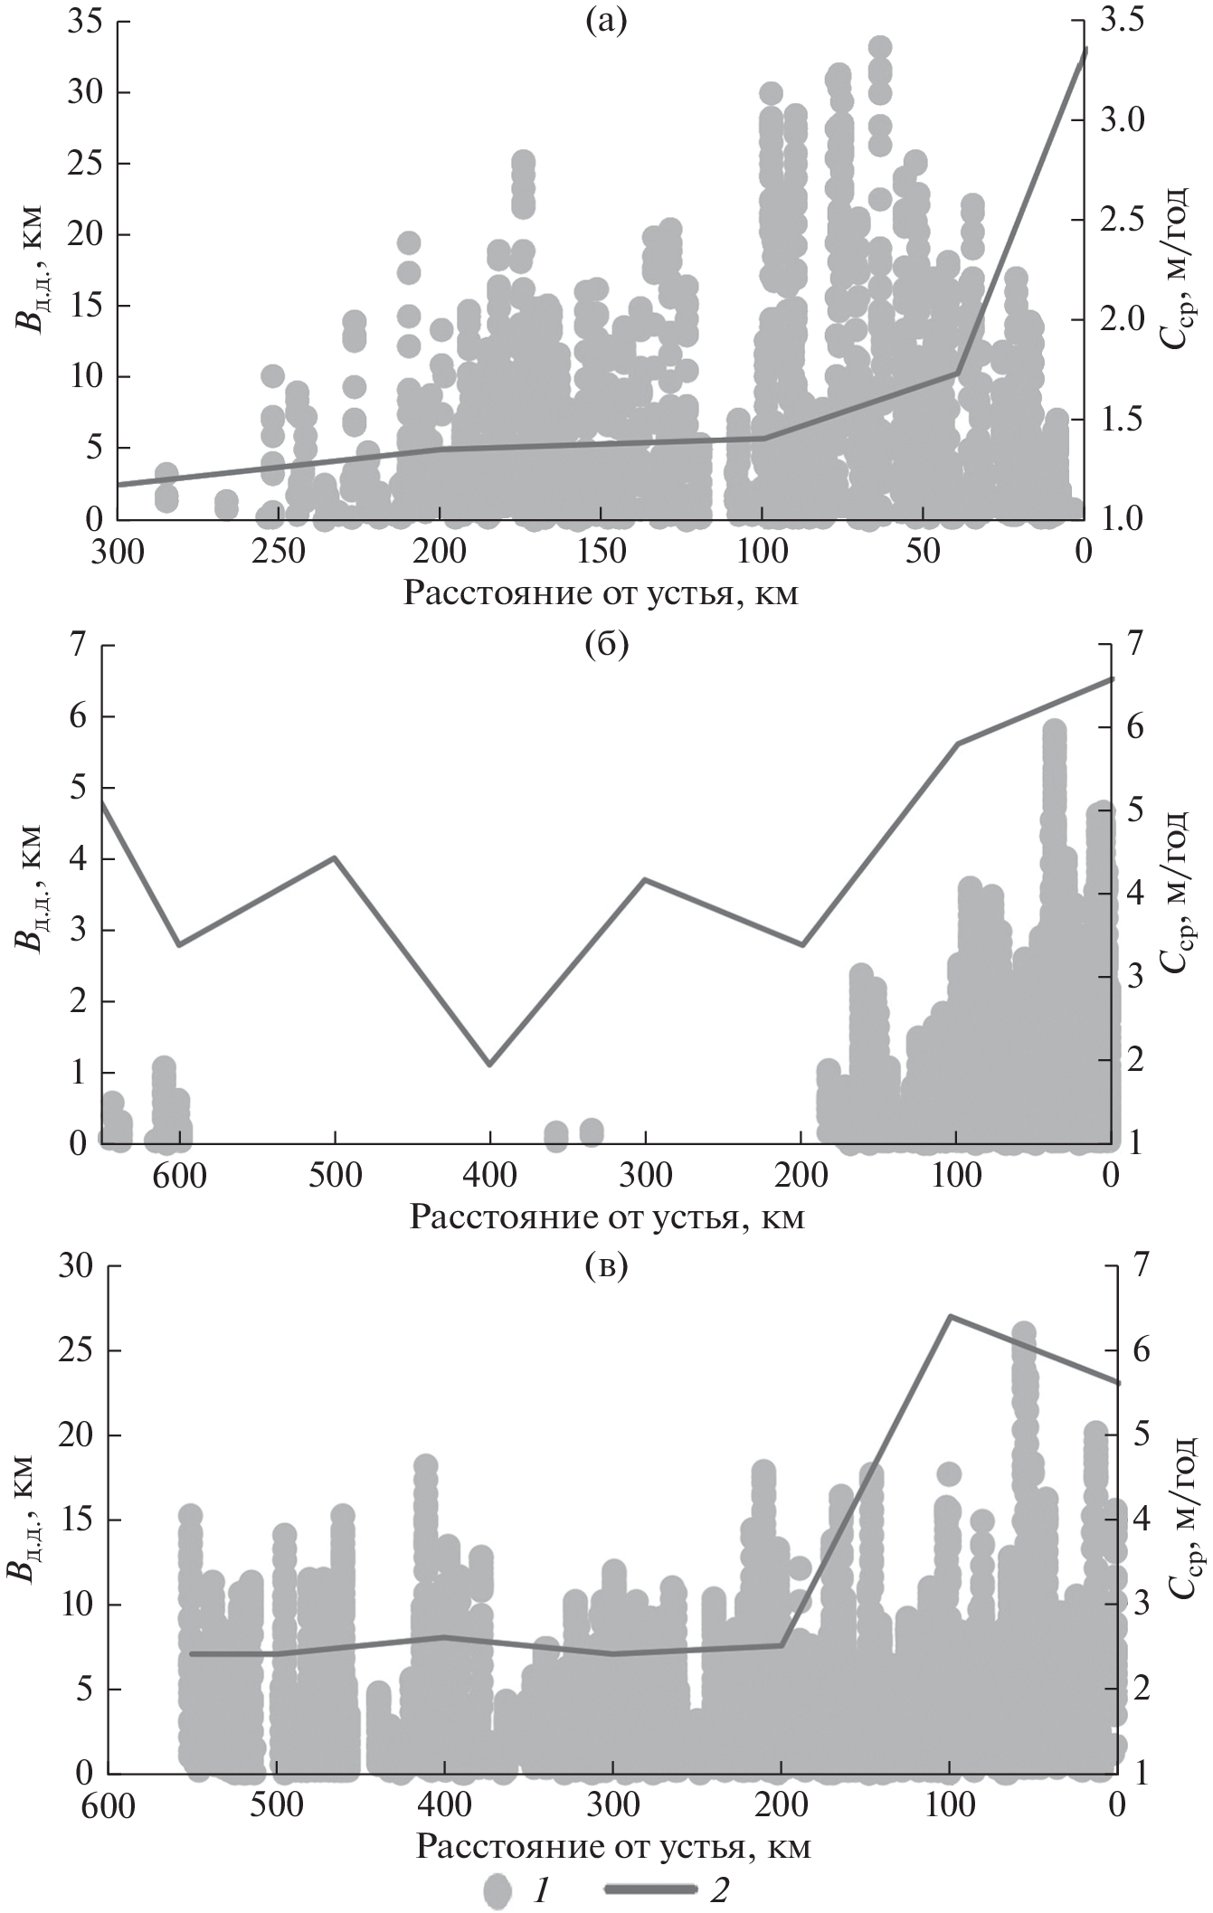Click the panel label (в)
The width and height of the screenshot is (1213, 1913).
point(605,1268)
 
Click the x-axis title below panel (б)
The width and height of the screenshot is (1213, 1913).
point(606,1217)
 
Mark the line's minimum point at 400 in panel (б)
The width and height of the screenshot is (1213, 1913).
point(489,1065)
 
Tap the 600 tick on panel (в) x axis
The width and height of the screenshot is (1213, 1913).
point(107,1798)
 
